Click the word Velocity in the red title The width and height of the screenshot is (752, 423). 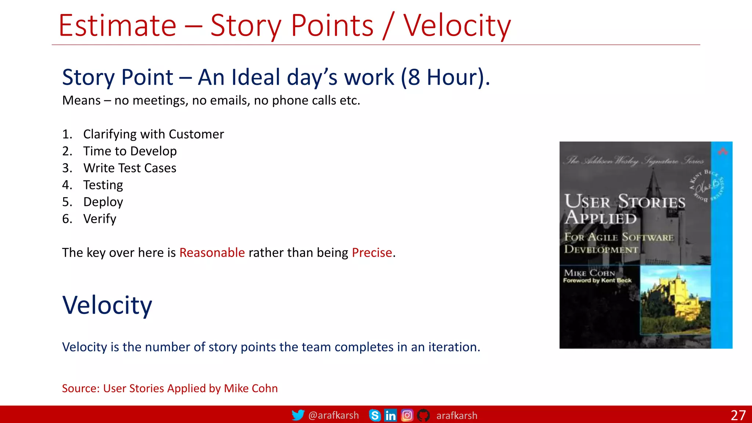click(457, 26)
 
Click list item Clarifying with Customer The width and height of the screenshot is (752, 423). click(153, 134)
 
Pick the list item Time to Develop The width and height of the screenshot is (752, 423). click(130, 151)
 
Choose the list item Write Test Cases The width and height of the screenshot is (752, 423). click(130, 168)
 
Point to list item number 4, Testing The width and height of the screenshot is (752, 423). click(103, 185)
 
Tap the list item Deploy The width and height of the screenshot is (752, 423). click(103, 202)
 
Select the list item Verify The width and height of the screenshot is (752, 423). click(100, 219)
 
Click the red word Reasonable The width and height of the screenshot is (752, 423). click(212, 253)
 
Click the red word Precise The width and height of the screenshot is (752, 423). click(372, 253)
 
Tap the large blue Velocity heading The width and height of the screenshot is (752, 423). click(107, 305)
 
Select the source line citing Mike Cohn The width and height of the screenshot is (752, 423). click(170, 388)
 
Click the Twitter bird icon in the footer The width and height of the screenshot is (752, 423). click(298, 415)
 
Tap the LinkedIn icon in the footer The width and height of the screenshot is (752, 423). click(390, 415)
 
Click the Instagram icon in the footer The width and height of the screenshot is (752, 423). click(407, 415)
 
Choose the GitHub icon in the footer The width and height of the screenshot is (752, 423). click(423, 415)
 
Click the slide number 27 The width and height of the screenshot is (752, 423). click(738, 415)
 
